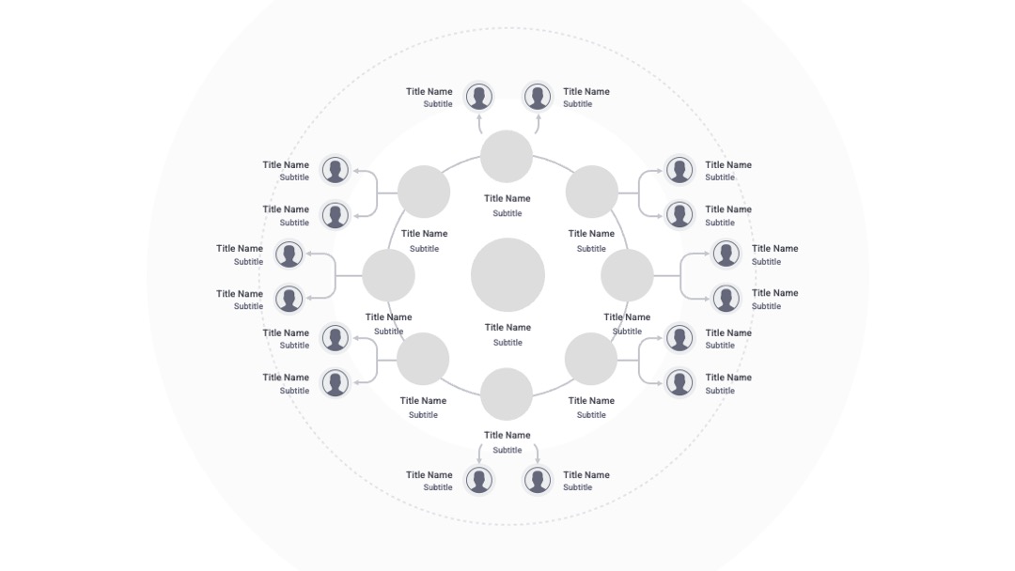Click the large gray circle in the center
click(x=507, y=275)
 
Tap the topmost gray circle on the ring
click(x=507, y=157)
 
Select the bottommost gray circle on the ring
click(x=507, y=394)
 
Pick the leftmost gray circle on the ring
click(x=388, y=275)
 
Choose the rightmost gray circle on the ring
click(x=627, y=275)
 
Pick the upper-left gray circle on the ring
click(x=424, y=192)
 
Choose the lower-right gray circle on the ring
click(x=591, y=359)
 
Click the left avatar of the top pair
click(x=479, y=97)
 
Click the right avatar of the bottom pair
click(x=538, y=481)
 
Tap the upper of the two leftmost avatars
click(x=289, y=255)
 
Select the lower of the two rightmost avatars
click(x=726, y=299)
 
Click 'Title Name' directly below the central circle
click(x=507, y=327)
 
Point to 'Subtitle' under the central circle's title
click(x=507, y=343)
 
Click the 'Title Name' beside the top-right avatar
click(x=586, y=92)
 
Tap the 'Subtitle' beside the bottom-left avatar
click(x=438, y=487)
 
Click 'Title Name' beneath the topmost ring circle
click(x=507, y=198)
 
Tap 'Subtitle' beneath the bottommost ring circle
click(x=507, y=450)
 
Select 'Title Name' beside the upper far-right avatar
click(x=774, y=248)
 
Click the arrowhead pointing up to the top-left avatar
click(x=479, y=117)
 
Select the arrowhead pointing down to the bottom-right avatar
click(x=538, y=460)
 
